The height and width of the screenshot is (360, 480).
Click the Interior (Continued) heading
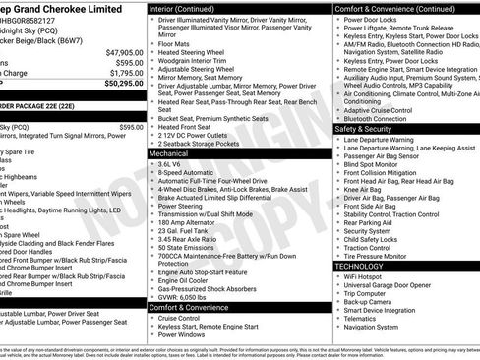coord(191,7)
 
